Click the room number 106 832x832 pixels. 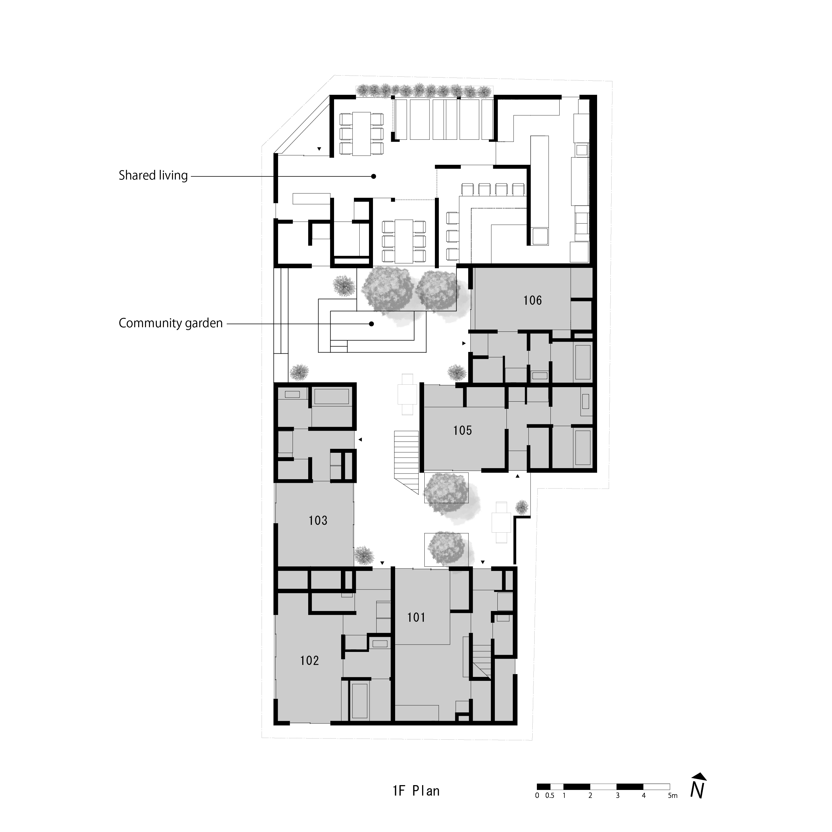[532, 300]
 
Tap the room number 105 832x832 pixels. [462, 430]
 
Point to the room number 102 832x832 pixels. [309, 661]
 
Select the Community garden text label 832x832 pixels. [170, 323]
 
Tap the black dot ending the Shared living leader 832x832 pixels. [373, 176]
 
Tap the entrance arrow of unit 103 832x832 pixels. [360, 440]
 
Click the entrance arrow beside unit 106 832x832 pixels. [464, 343]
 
